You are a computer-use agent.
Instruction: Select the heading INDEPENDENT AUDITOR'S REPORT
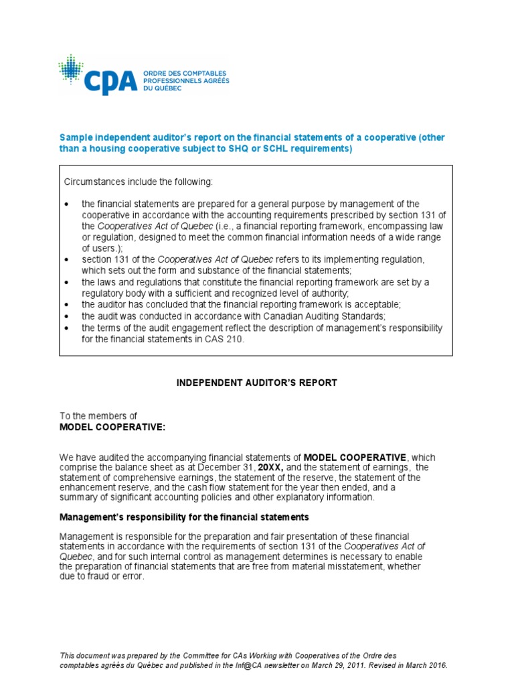click(x=257, y=383)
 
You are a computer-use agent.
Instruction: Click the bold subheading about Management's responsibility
click(x=184, y=517)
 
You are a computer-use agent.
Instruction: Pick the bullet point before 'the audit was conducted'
click(x=67, y=316)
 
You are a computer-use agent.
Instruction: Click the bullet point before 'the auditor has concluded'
click(x=67, y=305)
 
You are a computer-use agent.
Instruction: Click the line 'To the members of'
click(x=98, y=416)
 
